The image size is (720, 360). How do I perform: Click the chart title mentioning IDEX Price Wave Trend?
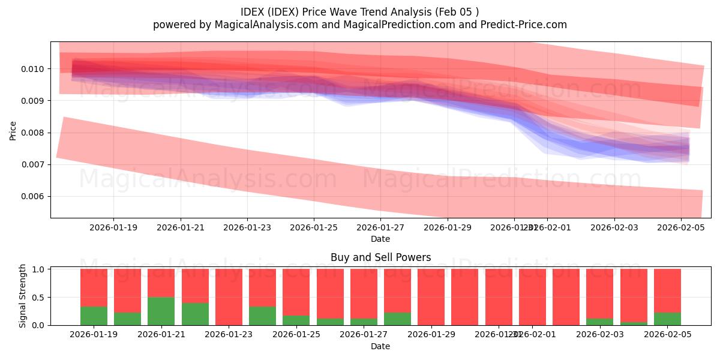(x=359, y=12)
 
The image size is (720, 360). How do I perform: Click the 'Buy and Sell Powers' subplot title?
(x=380, y=257)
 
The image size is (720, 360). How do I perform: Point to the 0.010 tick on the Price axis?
(x=35, y=69)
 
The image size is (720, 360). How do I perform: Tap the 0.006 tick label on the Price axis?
(x=35, y=196)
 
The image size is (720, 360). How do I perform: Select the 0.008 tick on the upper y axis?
(x=35, y=133)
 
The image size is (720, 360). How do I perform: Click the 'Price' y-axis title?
(x=13, y=130)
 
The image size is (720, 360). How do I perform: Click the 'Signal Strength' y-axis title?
(x=23, y=296)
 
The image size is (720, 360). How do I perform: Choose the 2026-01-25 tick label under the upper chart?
(x=314, y=228)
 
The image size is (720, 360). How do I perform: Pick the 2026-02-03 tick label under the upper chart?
(x=614, y=228)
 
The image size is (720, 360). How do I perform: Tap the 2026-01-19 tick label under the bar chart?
(x=94, y=335)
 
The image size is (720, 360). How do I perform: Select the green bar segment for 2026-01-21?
(x=161, y=311)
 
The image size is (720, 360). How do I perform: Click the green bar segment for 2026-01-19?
(x=94, y=316)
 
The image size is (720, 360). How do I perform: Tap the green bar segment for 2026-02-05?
(x=667, y=319)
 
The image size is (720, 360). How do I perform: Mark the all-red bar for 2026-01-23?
(x=229, y=297)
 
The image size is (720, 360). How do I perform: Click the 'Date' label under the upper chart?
(x=380, y=239)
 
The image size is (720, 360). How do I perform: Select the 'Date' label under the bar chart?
(x=380, y=346)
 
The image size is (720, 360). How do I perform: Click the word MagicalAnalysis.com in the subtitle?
(x=262, y=25)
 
